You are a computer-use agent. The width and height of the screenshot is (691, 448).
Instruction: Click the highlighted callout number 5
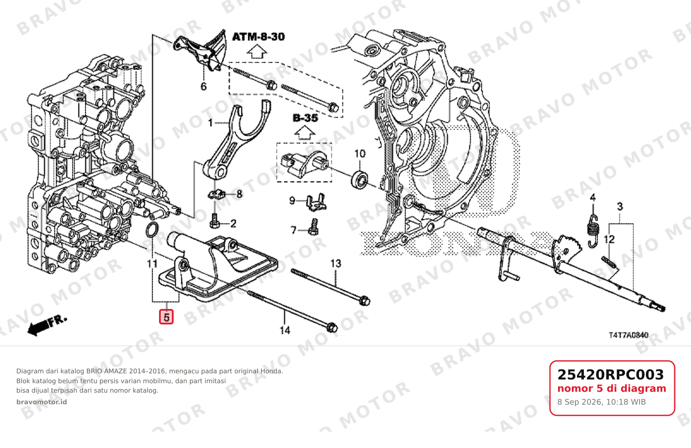coord(166,317)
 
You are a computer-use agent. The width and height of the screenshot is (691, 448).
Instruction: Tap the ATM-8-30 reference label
coord(258,37)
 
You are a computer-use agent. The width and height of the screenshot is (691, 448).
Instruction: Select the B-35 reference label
coord(305,118)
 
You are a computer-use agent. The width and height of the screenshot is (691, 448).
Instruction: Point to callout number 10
coord(360,154)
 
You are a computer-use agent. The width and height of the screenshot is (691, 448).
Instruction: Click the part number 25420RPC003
coord(610,375)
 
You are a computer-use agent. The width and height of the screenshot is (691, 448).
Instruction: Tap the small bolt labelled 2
coord(214,221)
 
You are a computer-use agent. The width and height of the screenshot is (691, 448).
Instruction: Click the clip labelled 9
coord(316,202)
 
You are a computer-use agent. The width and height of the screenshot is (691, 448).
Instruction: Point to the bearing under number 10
coord(360,179)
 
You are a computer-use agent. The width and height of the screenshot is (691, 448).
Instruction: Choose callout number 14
coord(285,330)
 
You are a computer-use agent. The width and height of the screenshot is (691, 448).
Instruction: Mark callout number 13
coord(336,263)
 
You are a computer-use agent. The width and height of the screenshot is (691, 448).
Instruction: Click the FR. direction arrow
coord(47,326)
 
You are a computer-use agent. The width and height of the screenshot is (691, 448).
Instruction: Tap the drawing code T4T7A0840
coord(628,335)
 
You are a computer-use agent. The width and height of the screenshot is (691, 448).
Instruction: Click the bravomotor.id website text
coord(42,402)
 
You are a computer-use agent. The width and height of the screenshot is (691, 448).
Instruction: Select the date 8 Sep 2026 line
coord(601,402)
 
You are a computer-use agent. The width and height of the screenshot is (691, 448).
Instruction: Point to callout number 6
coord(204,86)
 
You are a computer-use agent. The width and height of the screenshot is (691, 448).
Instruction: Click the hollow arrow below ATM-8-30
coord(257,51)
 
